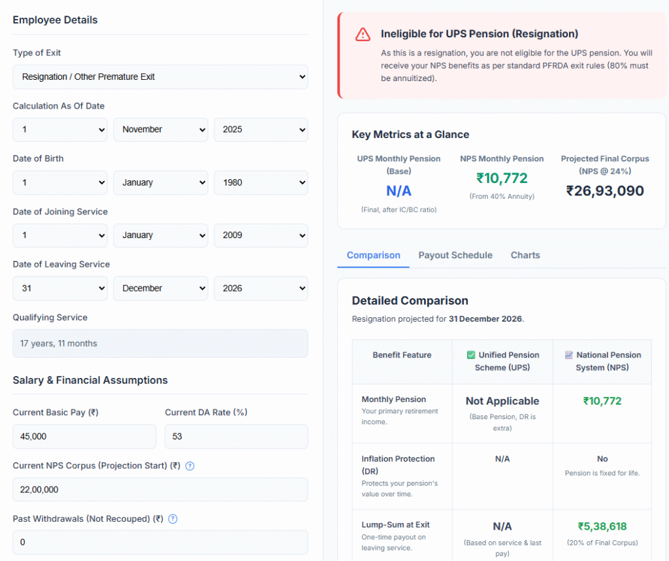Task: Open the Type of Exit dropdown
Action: (160, 76)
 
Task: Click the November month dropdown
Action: (160, 129)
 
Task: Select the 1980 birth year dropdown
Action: (261, 182)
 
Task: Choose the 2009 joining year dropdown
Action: (261, 235)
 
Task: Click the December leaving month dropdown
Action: (160, 288)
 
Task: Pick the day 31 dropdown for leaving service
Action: (59, 288)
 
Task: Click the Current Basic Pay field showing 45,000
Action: (84, 436)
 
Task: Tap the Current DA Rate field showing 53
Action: (236, 436)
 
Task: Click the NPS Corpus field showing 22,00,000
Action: (160, 489)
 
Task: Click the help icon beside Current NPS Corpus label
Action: (190, 466)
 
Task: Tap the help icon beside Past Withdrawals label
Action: (173, 519)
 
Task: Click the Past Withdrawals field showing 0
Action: (160, 542)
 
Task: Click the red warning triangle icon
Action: (363, 35)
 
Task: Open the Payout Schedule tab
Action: (455, 255)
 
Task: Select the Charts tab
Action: (525, 255)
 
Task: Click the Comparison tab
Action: (374, 255)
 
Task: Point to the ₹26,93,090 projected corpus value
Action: (605, 191)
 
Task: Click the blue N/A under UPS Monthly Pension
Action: (399, 191)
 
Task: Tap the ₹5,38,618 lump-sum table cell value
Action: (602, 526)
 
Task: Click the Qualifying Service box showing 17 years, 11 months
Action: (160, 343)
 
